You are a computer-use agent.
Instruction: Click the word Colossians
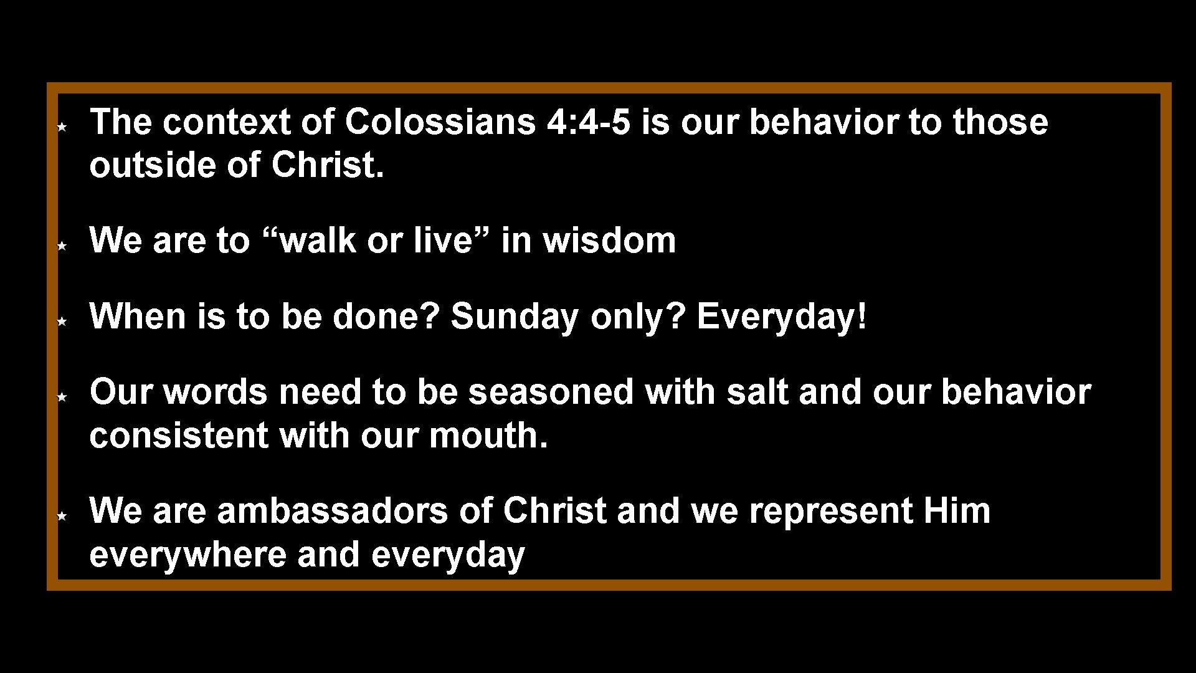pos(440,122)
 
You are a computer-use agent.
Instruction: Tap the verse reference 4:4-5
pos(588,122)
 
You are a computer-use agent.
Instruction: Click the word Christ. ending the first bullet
pos(327,165)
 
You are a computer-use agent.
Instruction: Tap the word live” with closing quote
pos(452,241)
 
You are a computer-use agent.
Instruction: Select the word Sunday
pos(515,317)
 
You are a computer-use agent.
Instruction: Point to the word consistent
pos(179,436)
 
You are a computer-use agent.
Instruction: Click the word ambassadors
pos(332,511)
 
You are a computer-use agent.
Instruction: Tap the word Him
pos(957,511)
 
